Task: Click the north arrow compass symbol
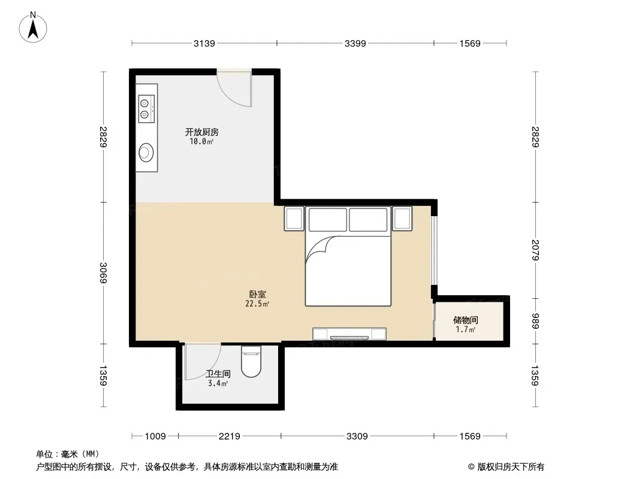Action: point(33,28)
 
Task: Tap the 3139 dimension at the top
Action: point(204,43)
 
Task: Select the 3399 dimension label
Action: point(355,43)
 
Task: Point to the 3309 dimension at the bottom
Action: point(357,436)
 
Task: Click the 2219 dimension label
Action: point(230,436)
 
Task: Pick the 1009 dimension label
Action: point(155,436)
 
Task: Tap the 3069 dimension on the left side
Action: point(103,273)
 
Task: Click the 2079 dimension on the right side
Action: point(535,250)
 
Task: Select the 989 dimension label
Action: point(535,321)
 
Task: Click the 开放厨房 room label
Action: point(202,132)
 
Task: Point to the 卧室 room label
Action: point(258,294)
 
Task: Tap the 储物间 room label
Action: point(465,320)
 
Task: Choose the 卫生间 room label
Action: point(218,374)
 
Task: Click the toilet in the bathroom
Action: point(251,362)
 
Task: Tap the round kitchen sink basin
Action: point(146,153)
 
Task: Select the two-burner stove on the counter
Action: point(146,108)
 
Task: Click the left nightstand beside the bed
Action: point(294,219)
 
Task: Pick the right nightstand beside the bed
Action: point(402,219)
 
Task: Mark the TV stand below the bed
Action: point(349,334)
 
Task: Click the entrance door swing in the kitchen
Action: point(234,90)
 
